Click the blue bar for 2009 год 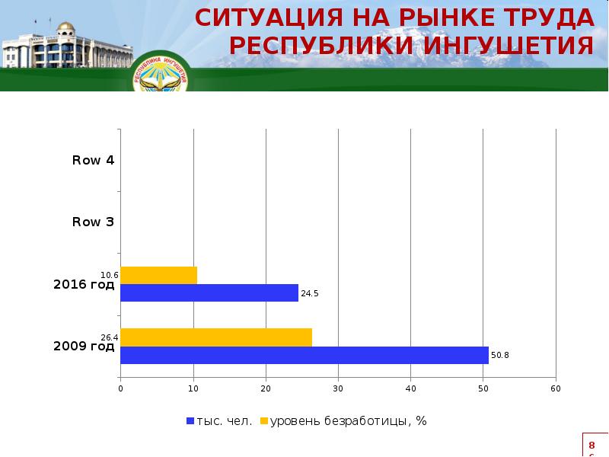coord(304,355)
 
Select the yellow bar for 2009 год coord(216,337)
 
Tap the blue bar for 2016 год coord(209,292)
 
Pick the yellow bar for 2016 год coord(158,275)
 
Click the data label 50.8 coord(500,355)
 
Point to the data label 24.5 coord(309,292)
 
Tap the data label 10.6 coord(110,274)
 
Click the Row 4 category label coord(93,160)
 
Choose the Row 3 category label coord(93,222)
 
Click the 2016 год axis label coord(84,285)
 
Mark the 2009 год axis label coord(84,347)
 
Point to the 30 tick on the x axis coord(338,389)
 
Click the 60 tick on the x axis coord(556,389)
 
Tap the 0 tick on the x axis coord(120,389)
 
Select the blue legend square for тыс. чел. coord(190,421)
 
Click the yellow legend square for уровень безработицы coord(265,421)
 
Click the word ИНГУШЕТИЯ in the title coord(505,46)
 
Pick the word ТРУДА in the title coord(546,17)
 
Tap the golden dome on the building coord(65,29)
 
